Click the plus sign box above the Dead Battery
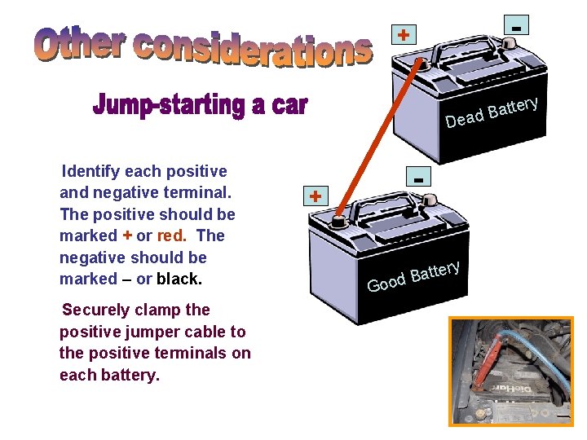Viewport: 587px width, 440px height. [x=404, y=35]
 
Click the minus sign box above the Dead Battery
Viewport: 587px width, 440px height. [x=516, y=24]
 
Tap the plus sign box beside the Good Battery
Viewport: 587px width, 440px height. [x=316, y=196]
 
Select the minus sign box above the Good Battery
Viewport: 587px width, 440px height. [x=418, y=176]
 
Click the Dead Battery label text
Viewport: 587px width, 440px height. [x=492, y=112]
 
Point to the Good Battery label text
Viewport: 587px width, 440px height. [x=413, y=277]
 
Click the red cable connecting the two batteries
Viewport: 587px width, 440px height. [x=379, y=138]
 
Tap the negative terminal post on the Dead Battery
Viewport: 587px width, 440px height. [x=509, y=42]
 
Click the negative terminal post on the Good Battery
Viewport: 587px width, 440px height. [x=430, y=200]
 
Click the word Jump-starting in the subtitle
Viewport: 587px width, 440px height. [x=169, y=105]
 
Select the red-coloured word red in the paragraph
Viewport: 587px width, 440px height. [x=172, y=235]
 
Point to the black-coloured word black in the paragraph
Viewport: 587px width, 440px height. [x=179, y=279]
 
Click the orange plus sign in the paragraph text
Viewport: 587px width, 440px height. [x=127, y=235]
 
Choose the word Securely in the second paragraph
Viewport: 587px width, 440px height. [x=96, y=310]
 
